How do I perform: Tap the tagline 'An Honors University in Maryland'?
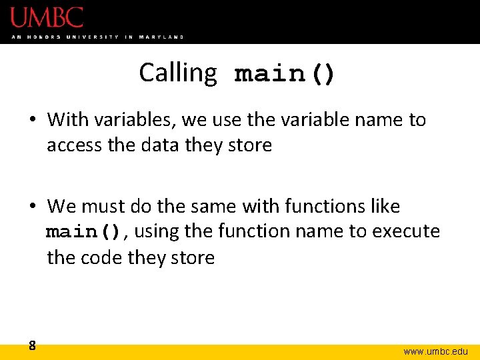point(97,37)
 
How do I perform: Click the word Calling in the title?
point(178,73)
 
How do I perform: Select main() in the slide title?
point(285,74)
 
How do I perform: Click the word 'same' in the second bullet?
point(212,207)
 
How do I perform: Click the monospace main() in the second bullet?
point(83,232)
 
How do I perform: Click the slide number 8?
point(32,345)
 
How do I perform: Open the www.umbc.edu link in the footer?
point(435,351)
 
